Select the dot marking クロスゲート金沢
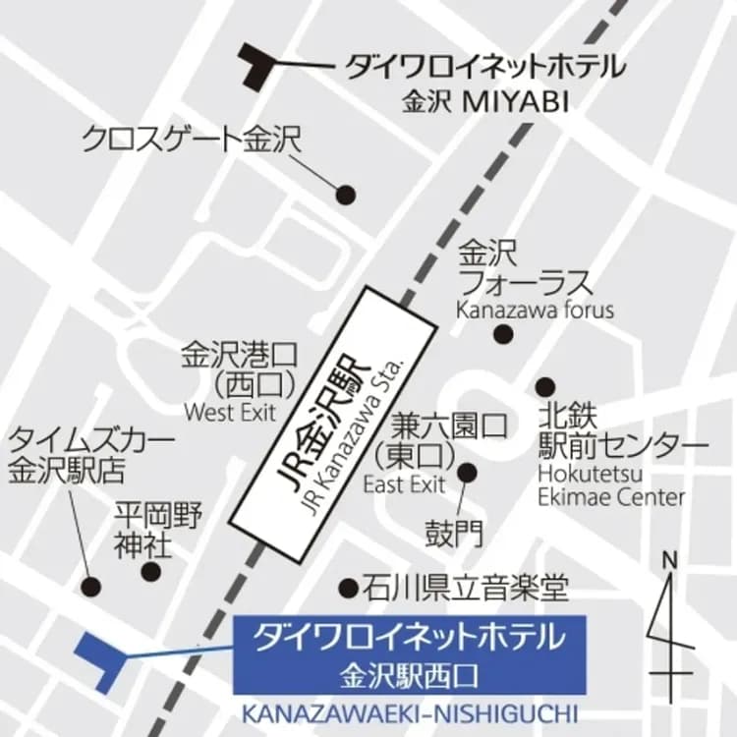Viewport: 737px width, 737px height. (345, 195)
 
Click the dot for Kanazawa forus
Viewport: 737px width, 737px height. (503, 335)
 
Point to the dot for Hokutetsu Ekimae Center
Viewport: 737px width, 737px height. (544, 387)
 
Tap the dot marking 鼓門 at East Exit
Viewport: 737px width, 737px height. (467, 473)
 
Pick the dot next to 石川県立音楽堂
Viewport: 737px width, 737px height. (348, 589)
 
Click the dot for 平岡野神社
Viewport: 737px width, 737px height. (150, 571)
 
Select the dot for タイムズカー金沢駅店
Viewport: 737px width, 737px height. (91, 588)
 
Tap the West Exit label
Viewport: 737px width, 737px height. (230, 411)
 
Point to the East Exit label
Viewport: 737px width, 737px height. (404, 483)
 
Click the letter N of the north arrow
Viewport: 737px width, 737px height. (672, 561)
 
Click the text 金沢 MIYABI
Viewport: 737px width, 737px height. (485, 102)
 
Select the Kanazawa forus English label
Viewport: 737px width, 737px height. (534, 311)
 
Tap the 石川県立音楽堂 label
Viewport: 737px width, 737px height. (466, 589)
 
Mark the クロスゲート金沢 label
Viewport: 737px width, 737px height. (191, 138)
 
